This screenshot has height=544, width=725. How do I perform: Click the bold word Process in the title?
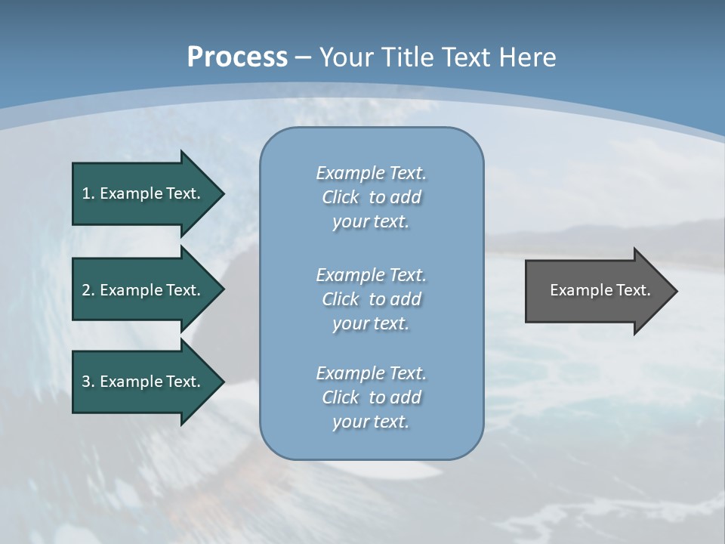(x=237, y=57)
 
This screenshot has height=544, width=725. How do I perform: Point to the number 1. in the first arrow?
(x=88, y=193)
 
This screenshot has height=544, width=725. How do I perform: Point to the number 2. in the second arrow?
(x=88, y=290)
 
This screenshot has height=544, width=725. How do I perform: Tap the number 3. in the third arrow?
(x=88, y=382)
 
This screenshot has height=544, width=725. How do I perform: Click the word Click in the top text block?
(x=341, y=197)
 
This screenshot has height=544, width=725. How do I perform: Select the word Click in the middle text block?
(x=341, y=299)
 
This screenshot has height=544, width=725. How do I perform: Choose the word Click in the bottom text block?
(x=341, y=397)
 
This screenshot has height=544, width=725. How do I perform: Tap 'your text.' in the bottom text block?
(x=371, y=422)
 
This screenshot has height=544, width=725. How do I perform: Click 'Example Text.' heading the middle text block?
(x=371, y=275)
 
